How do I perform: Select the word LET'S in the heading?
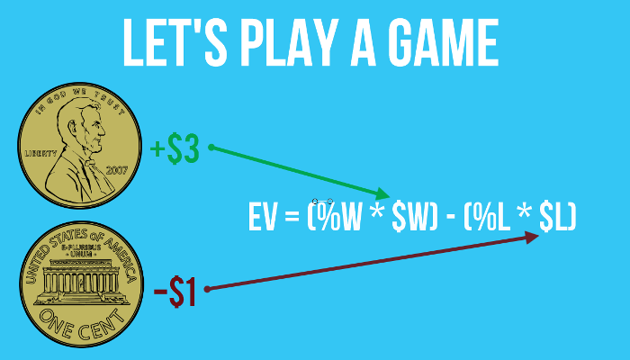point(171,43)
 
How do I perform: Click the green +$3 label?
point(175,149)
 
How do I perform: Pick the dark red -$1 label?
point(175,292)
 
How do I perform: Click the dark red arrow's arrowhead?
point(533,236)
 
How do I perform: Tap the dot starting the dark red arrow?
point(207,289)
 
